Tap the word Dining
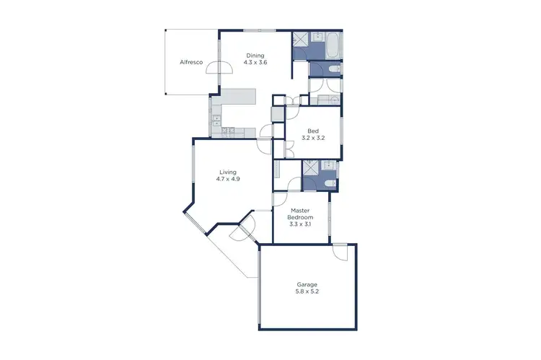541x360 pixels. coord(255,56)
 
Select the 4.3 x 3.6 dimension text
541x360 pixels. coord(255,63)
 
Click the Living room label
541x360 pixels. coord(228,172)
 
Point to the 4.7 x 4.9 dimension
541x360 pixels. coord(228,179)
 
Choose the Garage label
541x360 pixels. coord(307,284)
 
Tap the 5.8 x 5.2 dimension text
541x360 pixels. coord(307,292)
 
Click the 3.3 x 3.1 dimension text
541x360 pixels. coord(301,224)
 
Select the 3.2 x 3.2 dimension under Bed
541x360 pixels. coord(312,138)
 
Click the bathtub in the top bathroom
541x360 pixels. coord(333,45)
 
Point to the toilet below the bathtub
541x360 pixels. coord(331,69)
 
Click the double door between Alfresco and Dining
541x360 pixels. coord(219,67)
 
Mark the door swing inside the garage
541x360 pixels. coord(340,253)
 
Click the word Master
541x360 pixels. coord(301,210)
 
